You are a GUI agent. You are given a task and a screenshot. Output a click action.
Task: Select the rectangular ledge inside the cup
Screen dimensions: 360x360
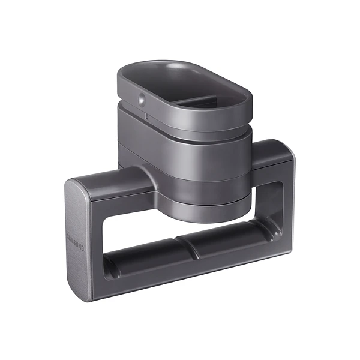tap(203, 101)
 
